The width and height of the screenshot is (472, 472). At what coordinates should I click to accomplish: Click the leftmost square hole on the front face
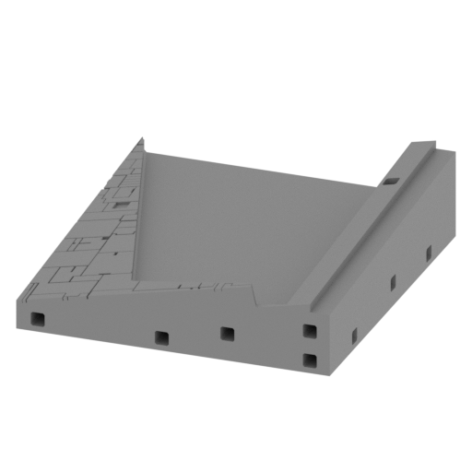[38, 319]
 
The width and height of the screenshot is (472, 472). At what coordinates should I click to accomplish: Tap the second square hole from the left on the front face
[162, 337]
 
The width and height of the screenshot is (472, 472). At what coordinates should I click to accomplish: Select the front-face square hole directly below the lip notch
[226, 333]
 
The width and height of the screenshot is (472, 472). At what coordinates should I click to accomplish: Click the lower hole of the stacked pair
[310, 359]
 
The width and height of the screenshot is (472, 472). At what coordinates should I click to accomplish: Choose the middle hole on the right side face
[393, 280]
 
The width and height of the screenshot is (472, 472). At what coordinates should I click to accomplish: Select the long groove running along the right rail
[369, 230]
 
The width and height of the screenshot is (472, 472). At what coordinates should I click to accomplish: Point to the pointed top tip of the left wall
[144, 138]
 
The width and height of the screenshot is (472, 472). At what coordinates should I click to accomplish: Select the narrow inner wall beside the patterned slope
[139, 221]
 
